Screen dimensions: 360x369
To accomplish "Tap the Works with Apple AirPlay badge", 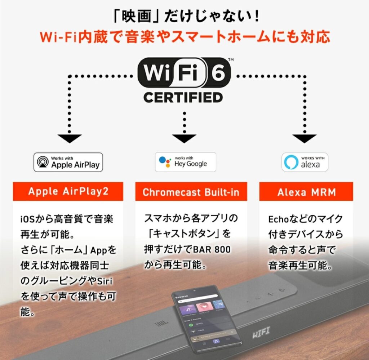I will coord(68,162).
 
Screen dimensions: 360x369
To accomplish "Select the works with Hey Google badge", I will coord(185,162).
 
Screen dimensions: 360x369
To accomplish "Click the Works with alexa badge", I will coord(305,162).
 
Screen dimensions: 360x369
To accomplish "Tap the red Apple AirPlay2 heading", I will coord(68,191).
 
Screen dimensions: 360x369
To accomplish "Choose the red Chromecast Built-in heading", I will coord(191,192).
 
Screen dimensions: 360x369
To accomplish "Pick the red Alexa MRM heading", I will coord(306,192).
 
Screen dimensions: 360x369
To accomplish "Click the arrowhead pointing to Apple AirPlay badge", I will coord(70,138).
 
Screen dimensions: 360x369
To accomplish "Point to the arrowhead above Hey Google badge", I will coord(184,138).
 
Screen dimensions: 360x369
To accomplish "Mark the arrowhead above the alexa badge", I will coord(304,138).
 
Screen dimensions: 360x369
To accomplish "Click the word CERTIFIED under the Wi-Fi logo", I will coord(183,97).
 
